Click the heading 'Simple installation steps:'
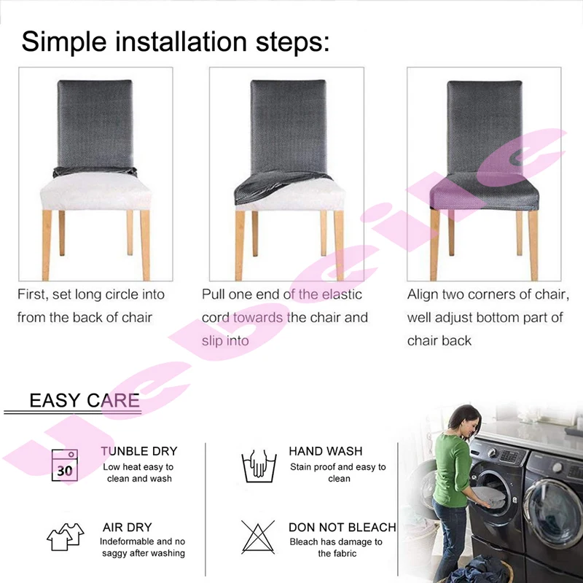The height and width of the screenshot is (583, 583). coord(176,41)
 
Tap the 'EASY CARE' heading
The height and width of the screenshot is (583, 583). coord(85,400)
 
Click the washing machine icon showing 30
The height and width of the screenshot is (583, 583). coord(65,465)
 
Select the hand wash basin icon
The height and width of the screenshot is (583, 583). coord(259,466)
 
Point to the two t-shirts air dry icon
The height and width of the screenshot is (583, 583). coord(66,536)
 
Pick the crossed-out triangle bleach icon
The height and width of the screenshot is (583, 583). coord(258,537)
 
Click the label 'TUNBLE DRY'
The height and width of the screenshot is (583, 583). coord(139,451)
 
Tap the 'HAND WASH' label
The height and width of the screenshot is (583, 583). coord(325,451)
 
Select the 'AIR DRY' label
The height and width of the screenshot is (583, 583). coord(127,527)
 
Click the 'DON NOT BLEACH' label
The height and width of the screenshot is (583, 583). coord(342,527)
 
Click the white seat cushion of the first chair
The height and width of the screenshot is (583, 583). coord(95,191)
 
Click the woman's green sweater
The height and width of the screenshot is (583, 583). coord(451,469)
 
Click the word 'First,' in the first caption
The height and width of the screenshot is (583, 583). coord(33,294)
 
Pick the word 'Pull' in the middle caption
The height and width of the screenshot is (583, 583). coord(214,294)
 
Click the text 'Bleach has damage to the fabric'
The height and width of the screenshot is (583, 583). coord(336,547)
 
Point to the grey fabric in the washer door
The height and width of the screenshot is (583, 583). coord(488,496)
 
